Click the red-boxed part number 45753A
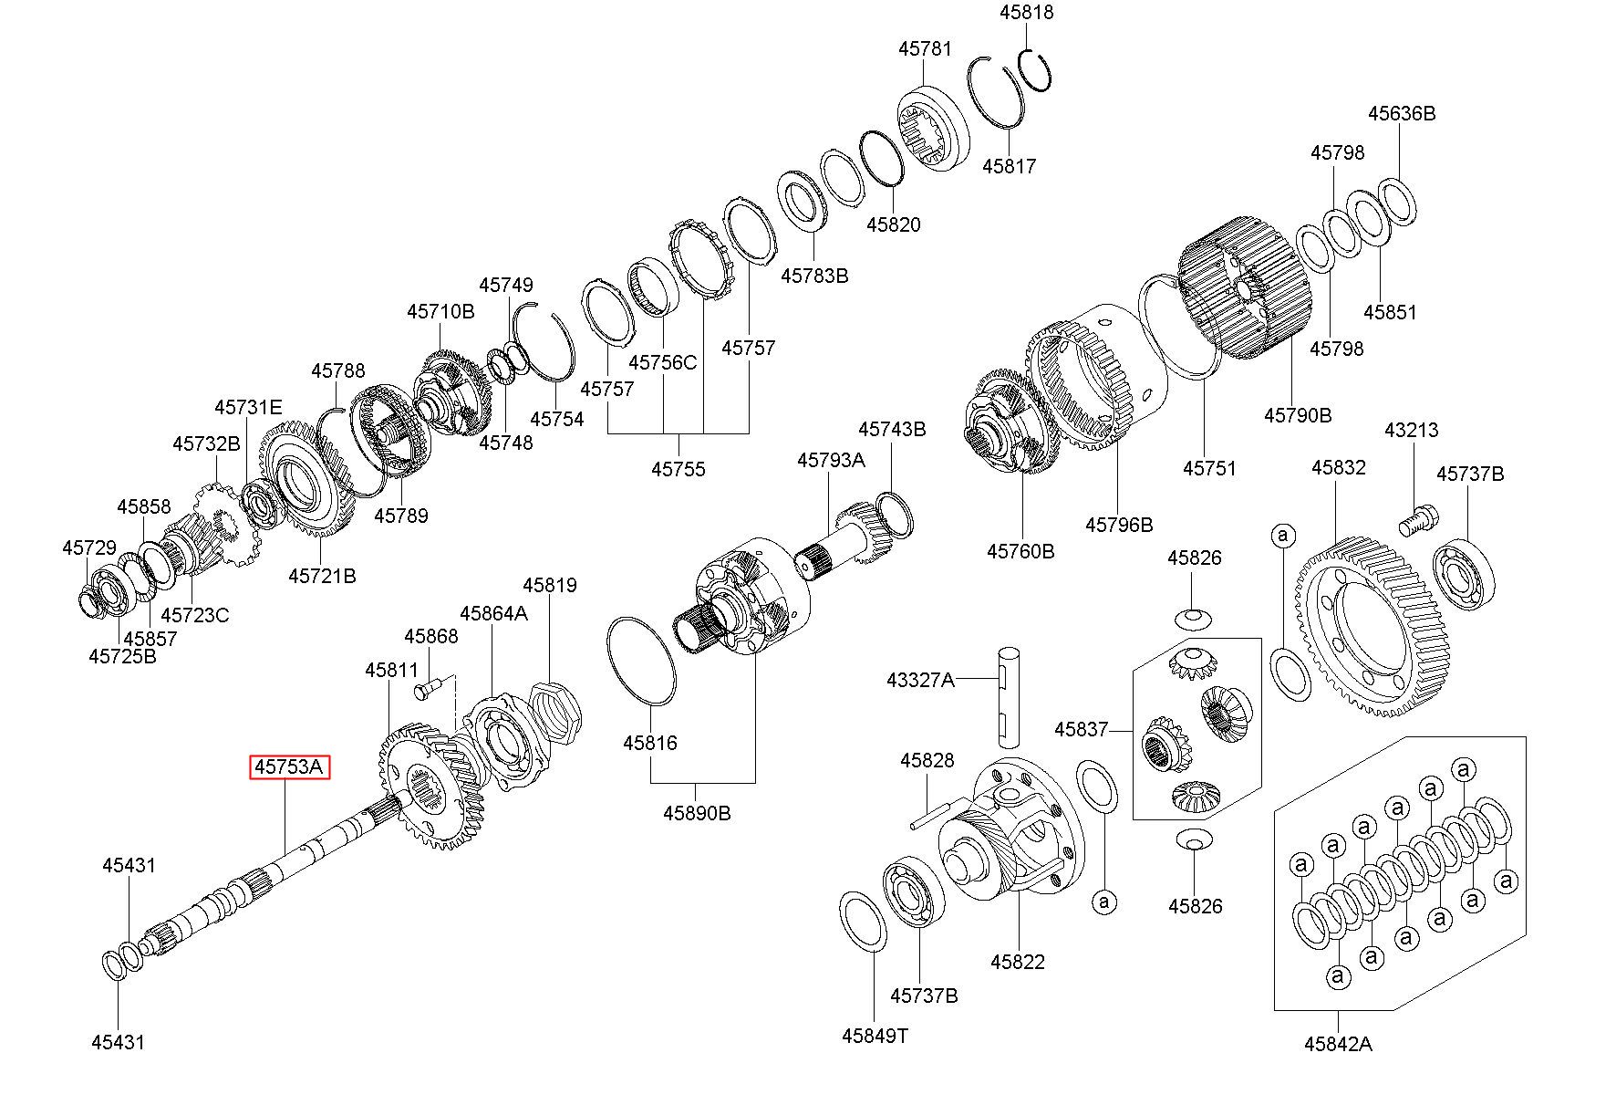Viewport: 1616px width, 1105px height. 289,767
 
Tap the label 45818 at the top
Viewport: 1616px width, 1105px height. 1026,13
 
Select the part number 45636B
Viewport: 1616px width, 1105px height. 1401,113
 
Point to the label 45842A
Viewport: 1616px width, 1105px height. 1337,1044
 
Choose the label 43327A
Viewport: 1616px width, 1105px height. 920,680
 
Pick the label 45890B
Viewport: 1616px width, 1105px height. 697,813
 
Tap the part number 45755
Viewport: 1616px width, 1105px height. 678,469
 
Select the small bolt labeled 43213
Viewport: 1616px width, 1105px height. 1415,522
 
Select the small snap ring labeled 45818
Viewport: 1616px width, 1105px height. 1037,68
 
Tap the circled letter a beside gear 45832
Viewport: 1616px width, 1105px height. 1283,535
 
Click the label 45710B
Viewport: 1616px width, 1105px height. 440,311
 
